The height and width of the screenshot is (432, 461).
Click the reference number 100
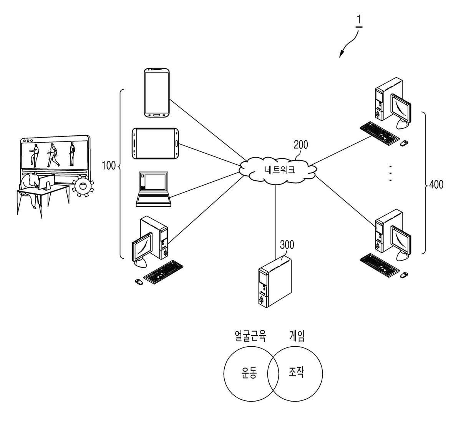109,166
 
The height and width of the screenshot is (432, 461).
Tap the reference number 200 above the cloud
301,145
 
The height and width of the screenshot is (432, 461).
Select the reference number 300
287,244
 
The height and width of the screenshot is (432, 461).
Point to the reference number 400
436,184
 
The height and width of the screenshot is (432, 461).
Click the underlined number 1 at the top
359,21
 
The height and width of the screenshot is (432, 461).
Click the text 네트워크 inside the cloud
280,170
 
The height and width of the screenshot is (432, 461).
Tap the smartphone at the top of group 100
157,93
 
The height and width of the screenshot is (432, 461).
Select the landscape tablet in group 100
155,143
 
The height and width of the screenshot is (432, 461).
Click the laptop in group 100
153,189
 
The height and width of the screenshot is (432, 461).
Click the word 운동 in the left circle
249,372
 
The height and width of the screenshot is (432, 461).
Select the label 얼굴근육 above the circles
250,336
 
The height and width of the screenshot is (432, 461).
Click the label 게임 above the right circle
297,336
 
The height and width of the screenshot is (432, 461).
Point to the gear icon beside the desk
83,186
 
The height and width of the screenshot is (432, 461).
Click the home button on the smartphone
157,115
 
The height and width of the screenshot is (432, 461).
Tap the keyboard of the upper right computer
379,133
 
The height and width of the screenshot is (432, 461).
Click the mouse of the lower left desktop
139,282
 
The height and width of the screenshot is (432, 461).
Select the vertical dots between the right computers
391,173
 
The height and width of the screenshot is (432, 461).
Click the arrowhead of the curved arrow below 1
341,55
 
